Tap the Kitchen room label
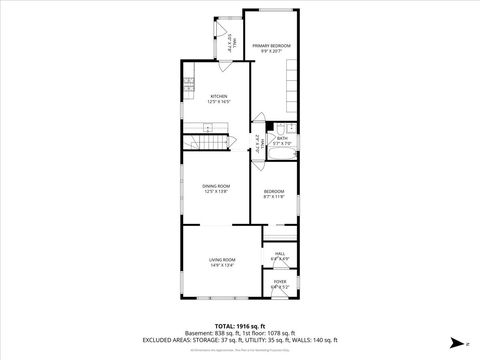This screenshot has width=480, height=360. click(x=219, y=96)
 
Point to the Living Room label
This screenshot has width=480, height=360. click(x=221, y=260)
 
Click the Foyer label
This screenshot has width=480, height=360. click(x=280, y=281)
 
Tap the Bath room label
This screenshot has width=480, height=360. click(x=283, y=138)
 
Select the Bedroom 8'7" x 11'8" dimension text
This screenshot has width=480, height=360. click(x=274, y=197)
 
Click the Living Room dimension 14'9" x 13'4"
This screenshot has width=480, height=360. click(x=221, y=266)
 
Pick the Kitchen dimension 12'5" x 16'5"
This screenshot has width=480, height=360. click(x=219, y=102)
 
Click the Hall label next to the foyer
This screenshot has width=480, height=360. click(x=280, y=254)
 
